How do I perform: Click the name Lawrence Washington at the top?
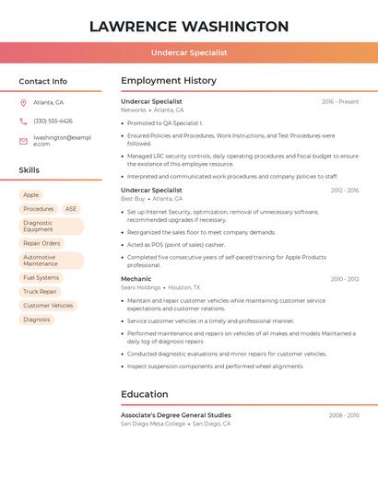point(189,26)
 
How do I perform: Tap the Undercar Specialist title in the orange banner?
point(189,52)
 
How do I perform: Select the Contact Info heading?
point(43,81)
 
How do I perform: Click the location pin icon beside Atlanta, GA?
point(23,102)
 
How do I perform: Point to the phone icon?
point(23,121)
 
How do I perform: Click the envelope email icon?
point(23,141)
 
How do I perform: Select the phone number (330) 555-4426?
point(53,121)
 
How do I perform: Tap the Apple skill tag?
point(31,195)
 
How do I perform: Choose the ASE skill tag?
point(71,209)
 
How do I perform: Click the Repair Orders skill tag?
point(41,243)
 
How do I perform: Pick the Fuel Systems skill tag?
point(41,277)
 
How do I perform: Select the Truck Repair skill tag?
point(40,291)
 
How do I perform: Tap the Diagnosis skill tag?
point(37,320)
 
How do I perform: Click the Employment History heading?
point(169,81)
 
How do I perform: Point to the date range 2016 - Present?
point(340,101)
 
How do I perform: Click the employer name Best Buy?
point(133,198)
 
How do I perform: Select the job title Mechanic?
point(136,278)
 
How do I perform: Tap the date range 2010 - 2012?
point(344,278)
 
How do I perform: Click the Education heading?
point(145,394)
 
